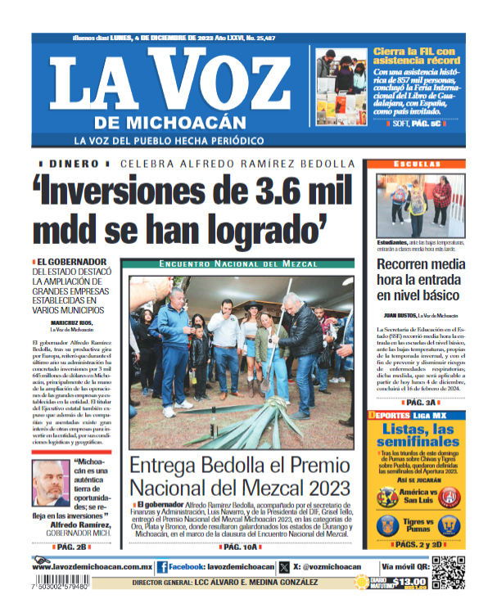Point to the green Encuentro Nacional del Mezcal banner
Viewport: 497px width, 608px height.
pyautogui.click(x=239, y=264)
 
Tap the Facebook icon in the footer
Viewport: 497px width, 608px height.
pyautogui.click(x=162, y=566)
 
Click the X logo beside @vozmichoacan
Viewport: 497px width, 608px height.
pyautogui.click(x=284, y=566)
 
